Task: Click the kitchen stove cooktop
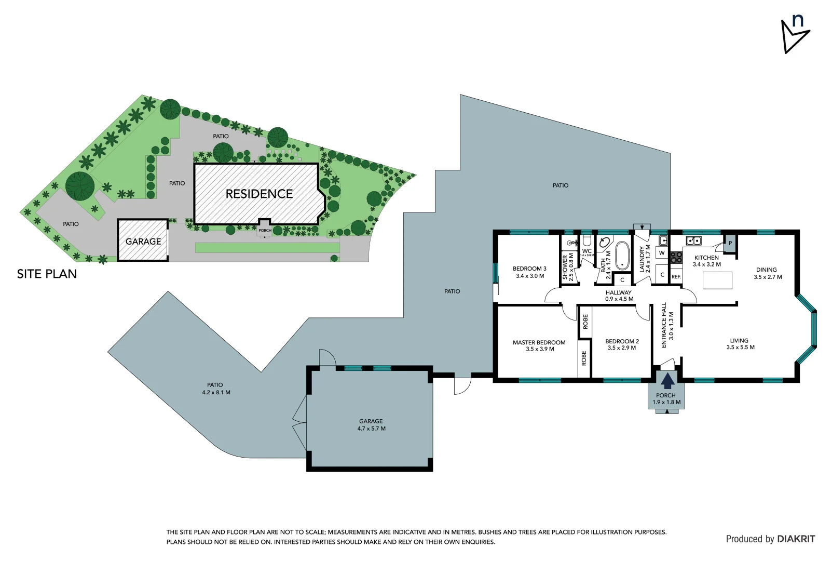click(676, 257)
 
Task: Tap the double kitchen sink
click(693, 241)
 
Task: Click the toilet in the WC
click(587, 240)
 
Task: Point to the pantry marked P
click(730, 244)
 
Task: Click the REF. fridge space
click(676, 277)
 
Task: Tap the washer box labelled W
click(661, 253)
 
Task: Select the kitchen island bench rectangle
click(717, 280)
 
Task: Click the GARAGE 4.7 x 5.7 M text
click(371, 425)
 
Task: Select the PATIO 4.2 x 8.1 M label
click(215, 389)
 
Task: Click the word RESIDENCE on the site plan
click(259, 194)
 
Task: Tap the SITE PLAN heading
click(47, 274)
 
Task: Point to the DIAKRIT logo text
click(796, 539)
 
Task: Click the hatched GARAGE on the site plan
click(143, 241)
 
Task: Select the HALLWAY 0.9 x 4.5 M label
click(619, 296)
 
